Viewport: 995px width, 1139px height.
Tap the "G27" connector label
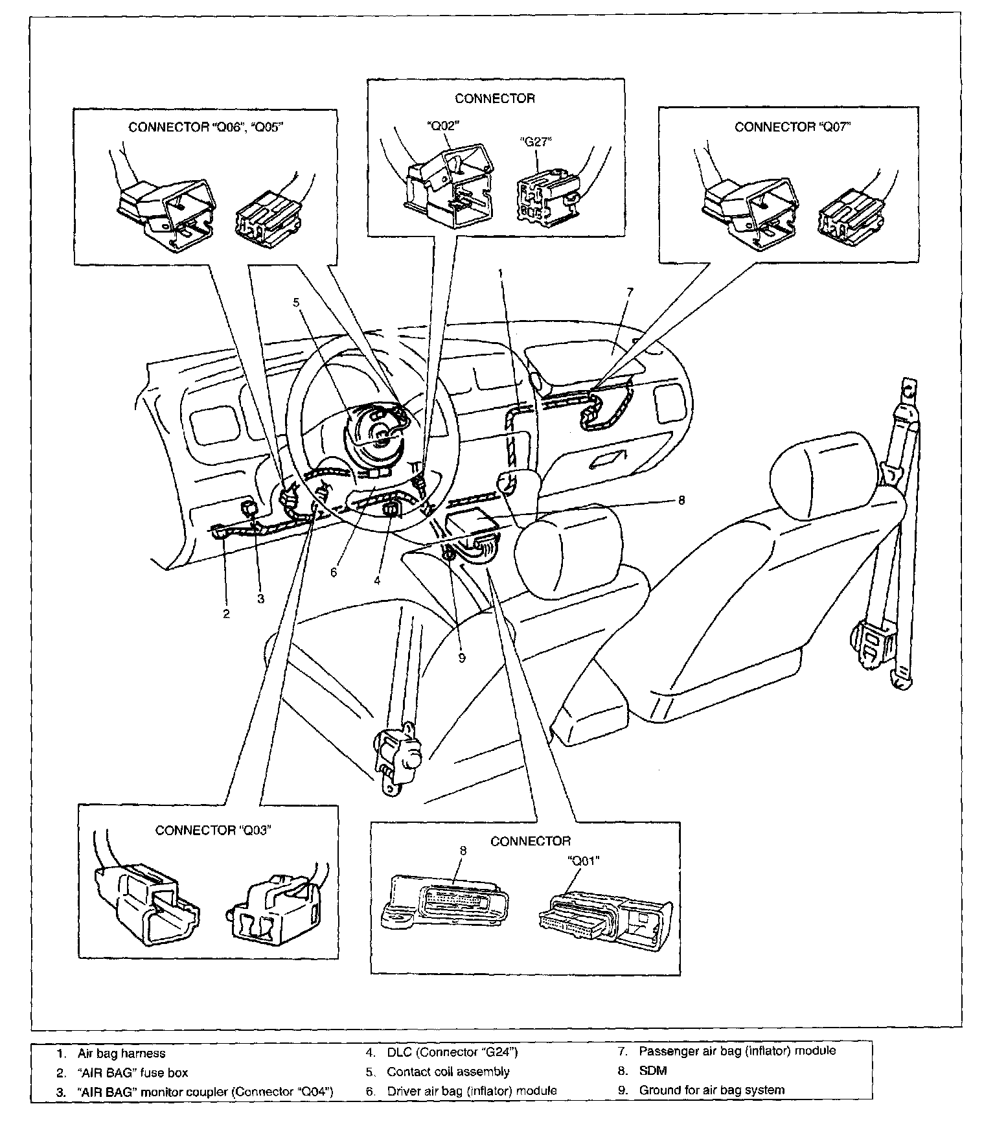536,142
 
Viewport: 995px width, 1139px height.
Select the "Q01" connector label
583,861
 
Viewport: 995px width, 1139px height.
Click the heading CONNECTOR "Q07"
792,127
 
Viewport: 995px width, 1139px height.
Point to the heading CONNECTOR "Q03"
212,831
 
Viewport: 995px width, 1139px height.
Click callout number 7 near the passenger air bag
630,292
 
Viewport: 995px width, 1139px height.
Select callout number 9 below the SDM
462,658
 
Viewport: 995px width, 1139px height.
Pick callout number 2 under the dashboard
227,614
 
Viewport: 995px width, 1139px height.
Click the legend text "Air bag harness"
122,1054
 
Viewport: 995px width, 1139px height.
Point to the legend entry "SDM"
653,1071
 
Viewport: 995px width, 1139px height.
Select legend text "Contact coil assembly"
448,1072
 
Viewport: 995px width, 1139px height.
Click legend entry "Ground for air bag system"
712,1090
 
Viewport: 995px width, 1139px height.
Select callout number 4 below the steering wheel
377,581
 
